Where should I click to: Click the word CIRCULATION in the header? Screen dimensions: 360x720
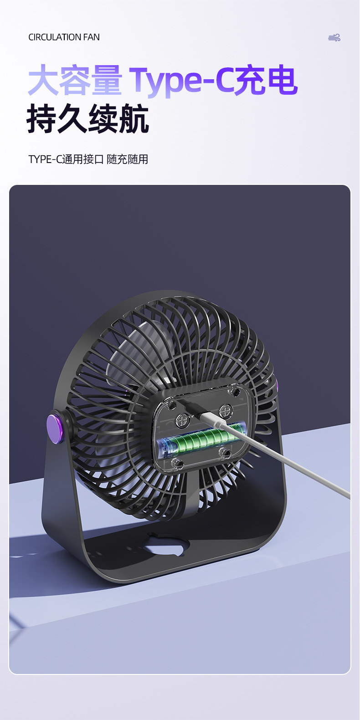coord(55,37)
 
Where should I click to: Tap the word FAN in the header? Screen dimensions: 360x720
coord(92,37)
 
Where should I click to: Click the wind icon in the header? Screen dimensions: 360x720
coord(334,38)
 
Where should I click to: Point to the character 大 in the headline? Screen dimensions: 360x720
coord(43,80)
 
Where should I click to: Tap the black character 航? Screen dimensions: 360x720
coord(134,118)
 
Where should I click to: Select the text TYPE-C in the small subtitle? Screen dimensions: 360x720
coord(45,159)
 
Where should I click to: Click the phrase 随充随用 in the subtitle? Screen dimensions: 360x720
coord(128,159)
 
